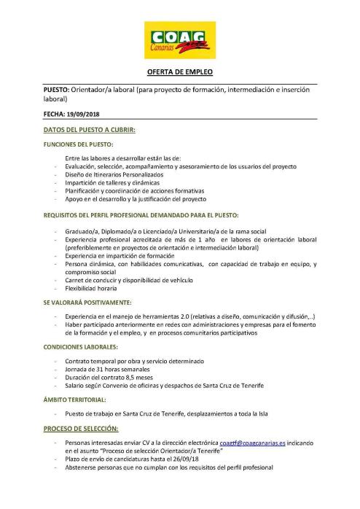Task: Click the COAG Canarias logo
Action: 179,39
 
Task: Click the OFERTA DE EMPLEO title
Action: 180,72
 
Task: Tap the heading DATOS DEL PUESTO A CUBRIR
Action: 90,130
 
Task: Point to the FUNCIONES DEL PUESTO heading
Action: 79,144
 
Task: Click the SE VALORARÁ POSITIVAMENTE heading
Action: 87,302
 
